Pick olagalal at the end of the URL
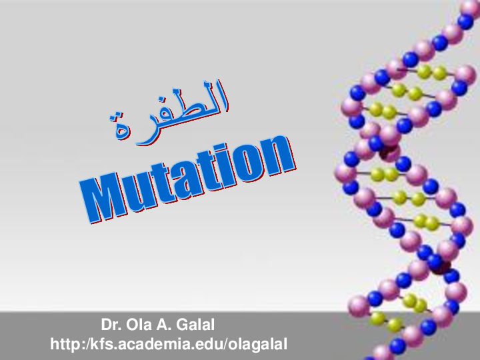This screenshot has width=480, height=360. click(x=258, y=345)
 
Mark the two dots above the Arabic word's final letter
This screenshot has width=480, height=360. click(x=117, y=115)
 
